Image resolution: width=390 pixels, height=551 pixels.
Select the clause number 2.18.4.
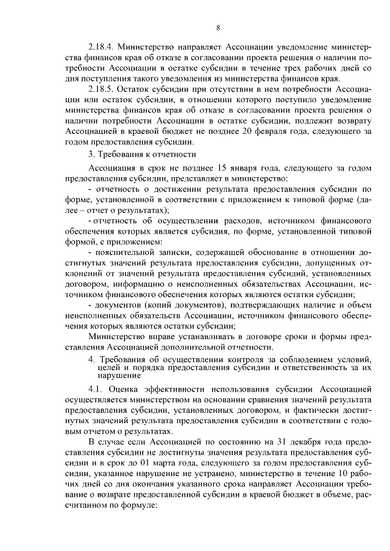click(101, 46)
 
